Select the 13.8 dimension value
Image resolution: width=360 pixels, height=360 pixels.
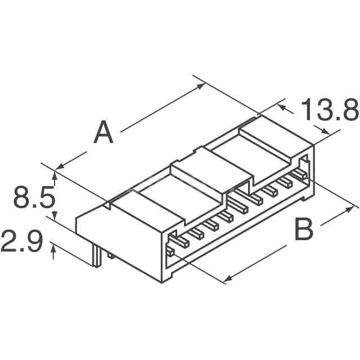[x=330, y=111]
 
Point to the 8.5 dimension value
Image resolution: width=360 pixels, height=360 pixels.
[x=34, y=199]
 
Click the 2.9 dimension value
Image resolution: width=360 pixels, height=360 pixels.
[x=22, y=243]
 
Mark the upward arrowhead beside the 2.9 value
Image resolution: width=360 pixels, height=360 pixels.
[x=53, y=253]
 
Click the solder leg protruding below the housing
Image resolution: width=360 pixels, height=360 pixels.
[x=99, y=257]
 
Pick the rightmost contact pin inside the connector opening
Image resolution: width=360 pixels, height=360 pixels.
[x=303, y=168]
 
